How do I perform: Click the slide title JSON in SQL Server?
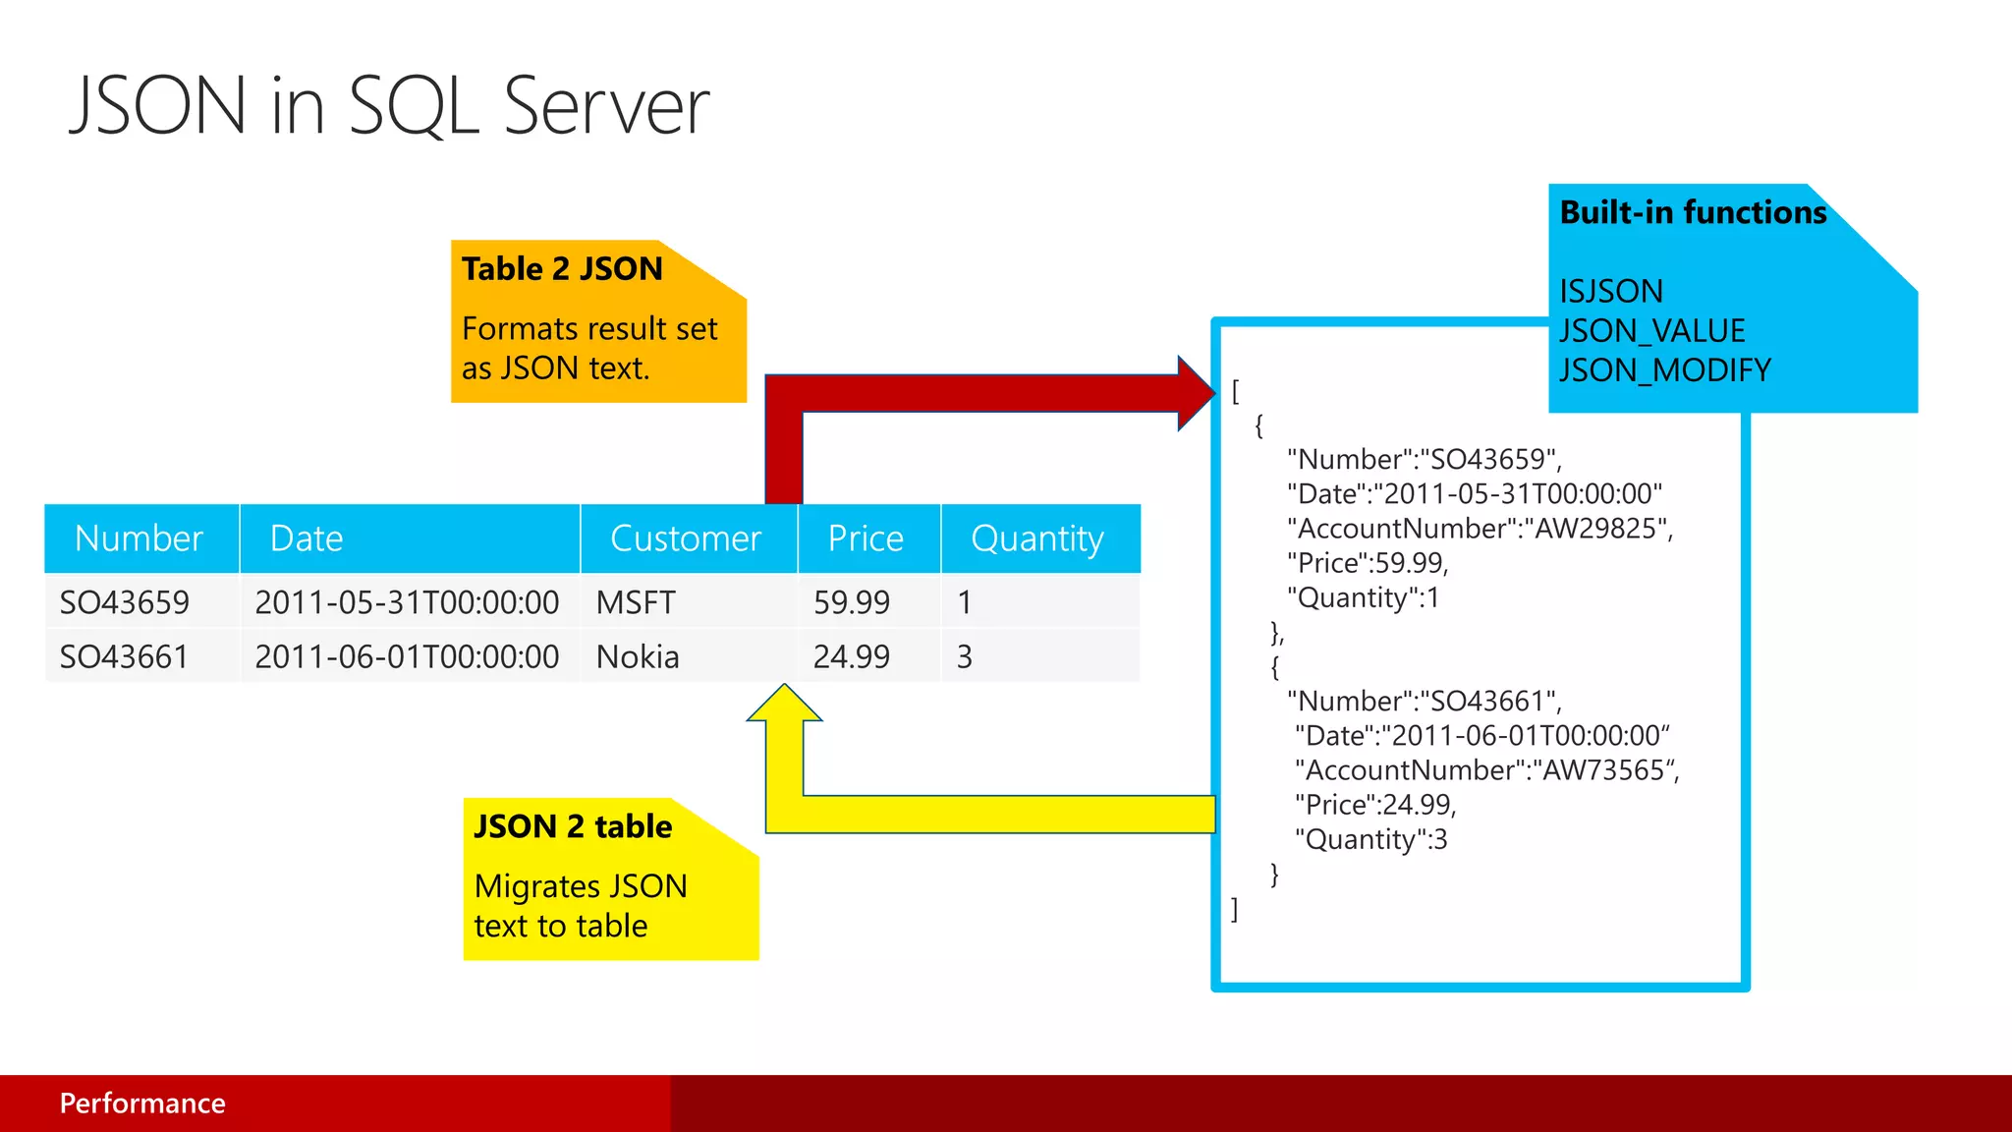[389, 106]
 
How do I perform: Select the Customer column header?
[686, 538]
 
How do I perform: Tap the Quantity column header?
[1037, 538]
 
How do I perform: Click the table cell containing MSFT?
[636, 602]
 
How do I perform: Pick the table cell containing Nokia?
[638, 656]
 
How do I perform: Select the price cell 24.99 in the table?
[851, 656]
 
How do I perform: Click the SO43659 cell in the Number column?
[125, 602]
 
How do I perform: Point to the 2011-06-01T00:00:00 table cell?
[407, 656]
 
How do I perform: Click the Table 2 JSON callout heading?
[562, 269]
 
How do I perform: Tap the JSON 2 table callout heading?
[573, 826]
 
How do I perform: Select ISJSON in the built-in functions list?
[1611, 292]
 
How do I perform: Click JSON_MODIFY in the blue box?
[1665, 370]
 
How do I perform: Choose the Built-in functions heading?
[1693, 213]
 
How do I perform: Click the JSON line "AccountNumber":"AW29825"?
[1480, 529]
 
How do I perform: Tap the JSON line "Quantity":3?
[1370, 839]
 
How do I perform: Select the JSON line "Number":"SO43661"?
[1424, 702]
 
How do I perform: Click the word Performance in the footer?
[142, 1104]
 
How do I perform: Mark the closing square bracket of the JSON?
[1235, 909]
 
